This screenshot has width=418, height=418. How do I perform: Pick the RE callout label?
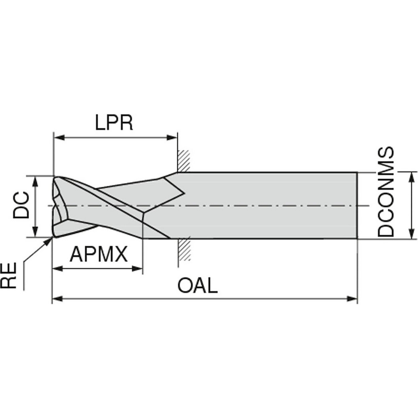[9, 275]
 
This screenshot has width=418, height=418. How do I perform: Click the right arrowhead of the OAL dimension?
[354, 298]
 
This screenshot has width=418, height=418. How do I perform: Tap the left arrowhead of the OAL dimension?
[56, 298]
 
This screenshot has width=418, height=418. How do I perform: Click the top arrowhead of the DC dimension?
[36, 180]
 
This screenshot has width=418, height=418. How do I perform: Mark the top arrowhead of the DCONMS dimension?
[412, 176]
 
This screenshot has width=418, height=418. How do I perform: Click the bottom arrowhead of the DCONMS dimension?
[412, 235]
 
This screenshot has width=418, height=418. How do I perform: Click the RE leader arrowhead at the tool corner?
[50, 240]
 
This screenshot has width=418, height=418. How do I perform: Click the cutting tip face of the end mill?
[59, 206]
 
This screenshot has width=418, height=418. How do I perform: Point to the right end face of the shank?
[357, 205]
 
